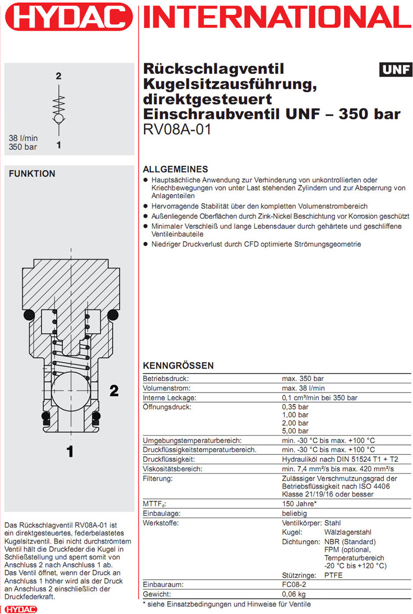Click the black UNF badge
(x=395, y=70)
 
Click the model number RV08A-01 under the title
(x=177, y=131)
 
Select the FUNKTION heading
(x=32, y=173)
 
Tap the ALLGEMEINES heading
(x=175, y=169)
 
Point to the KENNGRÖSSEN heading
(x=178, y=366)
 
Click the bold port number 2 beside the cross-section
(x=114, y=391)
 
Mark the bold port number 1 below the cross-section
(x=70, y=452)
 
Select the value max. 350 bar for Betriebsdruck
(x=304, y=379)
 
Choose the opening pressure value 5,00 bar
(x=295, y=431)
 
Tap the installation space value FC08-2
(x=295, y=584)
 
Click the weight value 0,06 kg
(x=294, y=594)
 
